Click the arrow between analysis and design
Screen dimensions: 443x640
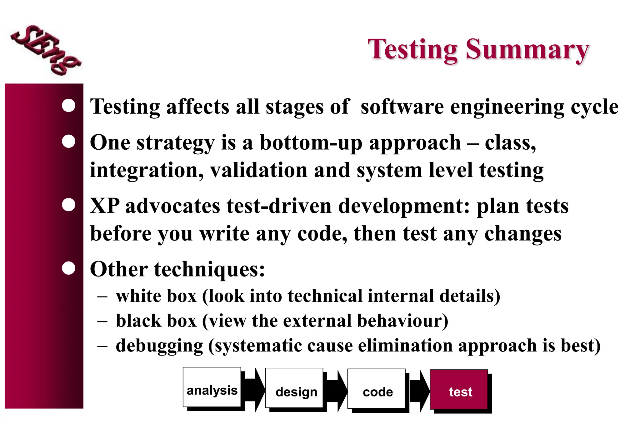pyautogui.click(x=254, y=390)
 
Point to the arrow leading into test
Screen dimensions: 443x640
pyautogui.click(x=419, y=391)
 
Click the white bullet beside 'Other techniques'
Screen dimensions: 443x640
pyautogui.click(x=68, y=268)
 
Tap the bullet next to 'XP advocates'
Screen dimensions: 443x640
pyautogui.click(x=68, y=205)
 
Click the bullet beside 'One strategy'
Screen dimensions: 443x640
pyautogui.click(x=68, y=141)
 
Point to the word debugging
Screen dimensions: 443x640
pyautogui.click(x=159, y=346)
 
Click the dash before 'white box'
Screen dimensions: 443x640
pyautogui.click(x=102, y=296)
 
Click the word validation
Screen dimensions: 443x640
pyautogui.click(x=258, y=171)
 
